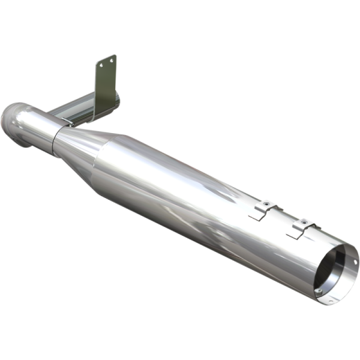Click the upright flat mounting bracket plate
click(106, 84)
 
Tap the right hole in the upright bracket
click(112, 58)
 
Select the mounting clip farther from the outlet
click(263, 209)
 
